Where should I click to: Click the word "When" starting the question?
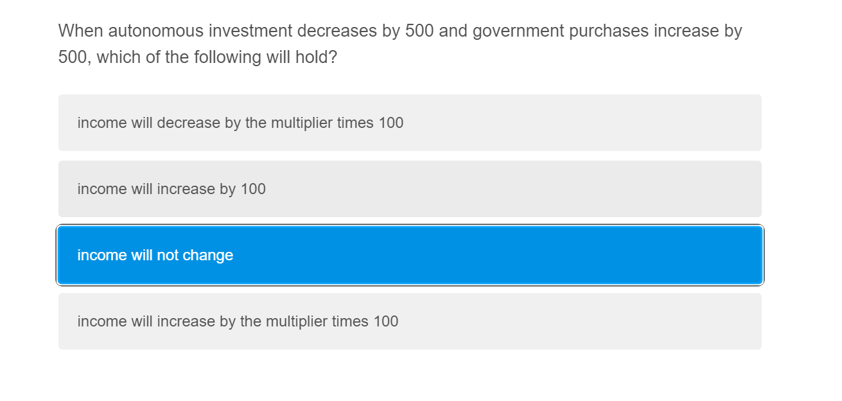(x=80, y=31)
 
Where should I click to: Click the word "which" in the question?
(x=118, y=57)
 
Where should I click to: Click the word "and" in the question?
(x=453, y=31)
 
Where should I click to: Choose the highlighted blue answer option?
(x=410, y=255)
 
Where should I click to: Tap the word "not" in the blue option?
(x=168, y=255)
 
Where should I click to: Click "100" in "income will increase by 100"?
(x=253, y=189)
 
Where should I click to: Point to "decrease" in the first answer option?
(x=189, y=123)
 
